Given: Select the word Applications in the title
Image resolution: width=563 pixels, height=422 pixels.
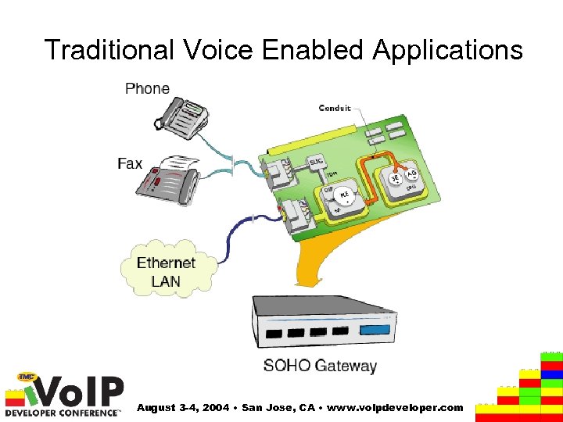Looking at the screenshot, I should tap(447, 50).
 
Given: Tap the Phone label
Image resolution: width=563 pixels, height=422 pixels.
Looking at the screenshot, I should tap(147, 88).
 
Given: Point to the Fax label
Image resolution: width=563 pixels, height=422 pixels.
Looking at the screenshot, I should tap(130, 163).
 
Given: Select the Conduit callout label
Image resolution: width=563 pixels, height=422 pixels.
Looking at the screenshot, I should tap(335, 108).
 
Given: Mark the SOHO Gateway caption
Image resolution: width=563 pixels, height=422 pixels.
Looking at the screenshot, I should tap(320, 365).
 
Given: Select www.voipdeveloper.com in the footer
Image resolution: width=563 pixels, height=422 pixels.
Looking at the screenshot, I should tap(399, 407).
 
